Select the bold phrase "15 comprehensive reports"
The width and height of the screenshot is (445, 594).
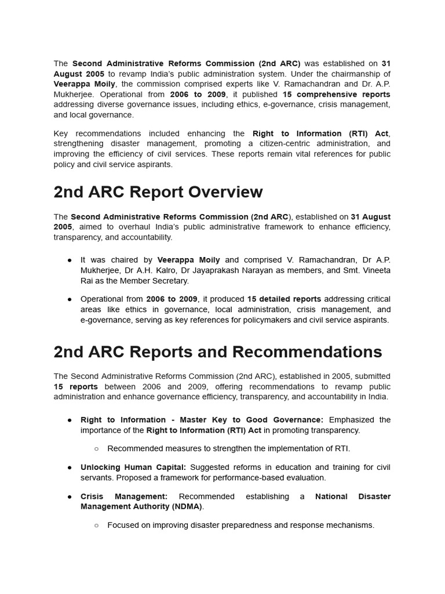point(336,94)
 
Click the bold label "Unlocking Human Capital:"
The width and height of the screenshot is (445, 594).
point(133,468)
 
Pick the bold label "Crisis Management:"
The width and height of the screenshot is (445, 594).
point(124,497)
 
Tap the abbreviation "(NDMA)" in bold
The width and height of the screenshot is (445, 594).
point(186,507)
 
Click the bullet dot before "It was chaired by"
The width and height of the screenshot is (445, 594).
point(70,260)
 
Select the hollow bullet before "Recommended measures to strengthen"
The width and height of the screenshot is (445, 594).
point(96,449)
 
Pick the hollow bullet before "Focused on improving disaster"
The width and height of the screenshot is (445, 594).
point(96,526)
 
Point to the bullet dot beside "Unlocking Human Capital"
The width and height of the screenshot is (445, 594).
point(70,468)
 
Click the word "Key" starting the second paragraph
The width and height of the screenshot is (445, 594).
point(61,133)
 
